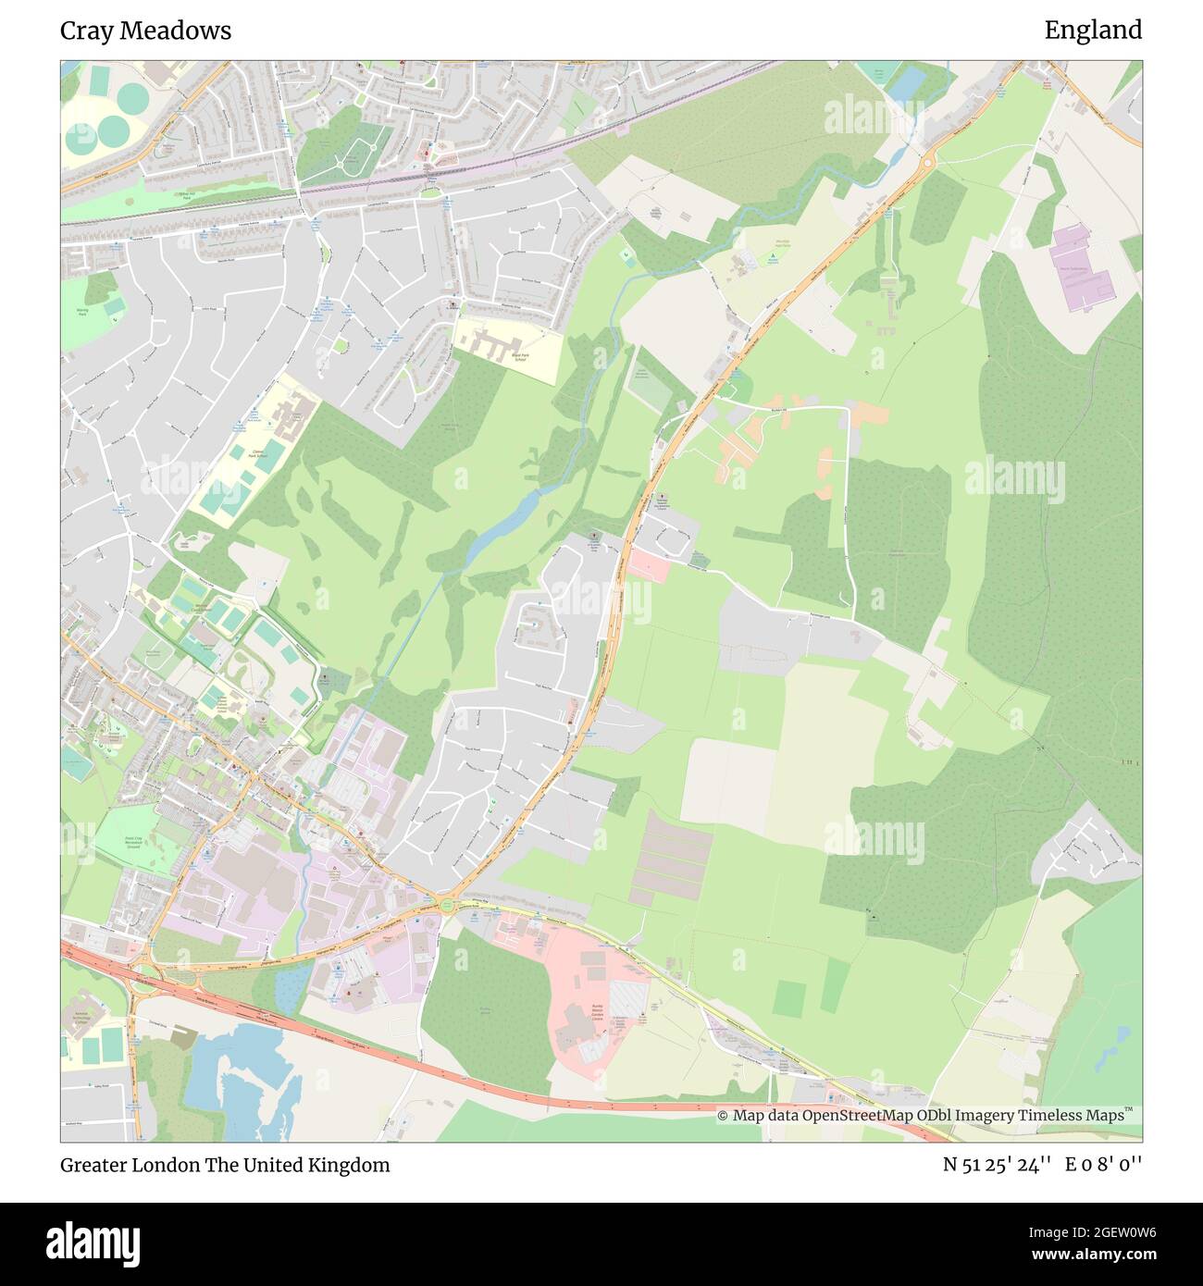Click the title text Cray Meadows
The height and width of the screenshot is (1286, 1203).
(145, 31)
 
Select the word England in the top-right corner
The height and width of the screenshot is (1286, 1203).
(1093, 31)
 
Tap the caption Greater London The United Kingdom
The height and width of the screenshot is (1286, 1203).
(225, 1165)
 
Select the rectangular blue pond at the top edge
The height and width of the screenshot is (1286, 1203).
(905, 83)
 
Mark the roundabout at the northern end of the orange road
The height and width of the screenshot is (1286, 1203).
(927, 161)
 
